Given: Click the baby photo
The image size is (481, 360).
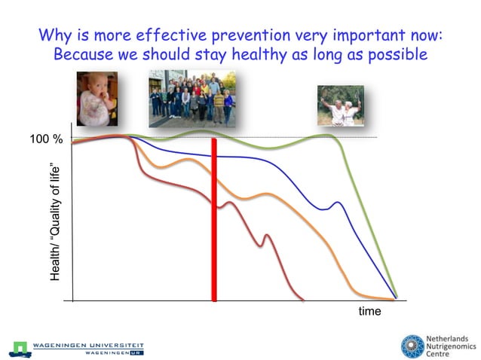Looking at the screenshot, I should [97, 98].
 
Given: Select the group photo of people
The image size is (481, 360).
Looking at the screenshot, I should [191, 97].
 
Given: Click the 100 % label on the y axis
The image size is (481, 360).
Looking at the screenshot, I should [45, 140].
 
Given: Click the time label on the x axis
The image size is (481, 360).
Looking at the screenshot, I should [369, 311].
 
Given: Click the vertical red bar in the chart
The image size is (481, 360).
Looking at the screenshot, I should [215, 218].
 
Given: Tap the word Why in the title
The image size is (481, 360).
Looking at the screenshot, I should [54, 35].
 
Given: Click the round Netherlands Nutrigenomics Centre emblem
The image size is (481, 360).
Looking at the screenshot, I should [412, 346].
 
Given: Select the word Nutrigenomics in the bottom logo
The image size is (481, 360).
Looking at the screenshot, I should [452, 348].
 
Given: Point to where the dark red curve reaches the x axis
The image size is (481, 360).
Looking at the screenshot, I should [302, 299].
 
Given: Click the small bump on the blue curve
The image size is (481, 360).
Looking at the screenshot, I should [337, 203].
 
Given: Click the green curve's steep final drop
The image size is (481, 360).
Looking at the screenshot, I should [369, 226].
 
